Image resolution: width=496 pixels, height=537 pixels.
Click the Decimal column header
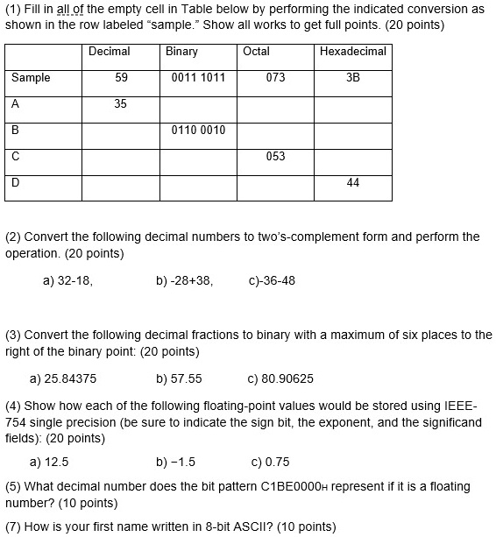point(110,52)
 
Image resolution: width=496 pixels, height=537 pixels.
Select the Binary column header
point(181,52)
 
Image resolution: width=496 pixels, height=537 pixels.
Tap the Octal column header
point(257,52)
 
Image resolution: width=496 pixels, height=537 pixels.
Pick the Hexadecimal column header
point(353,52)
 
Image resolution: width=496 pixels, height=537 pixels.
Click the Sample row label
point(31,78)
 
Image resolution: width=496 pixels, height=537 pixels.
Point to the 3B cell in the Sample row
point(353,78)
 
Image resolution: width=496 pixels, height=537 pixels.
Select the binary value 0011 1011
point(199,78)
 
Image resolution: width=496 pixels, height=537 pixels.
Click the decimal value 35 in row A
point(121,104)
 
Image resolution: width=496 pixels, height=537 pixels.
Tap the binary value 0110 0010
point(199,131)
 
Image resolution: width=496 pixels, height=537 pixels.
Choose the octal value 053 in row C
point(275,157)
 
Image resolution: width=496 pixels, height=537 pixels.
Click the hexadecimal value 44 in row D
point(353,183)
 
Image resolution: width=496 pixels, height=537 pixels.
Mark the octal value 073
point(275,78)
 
